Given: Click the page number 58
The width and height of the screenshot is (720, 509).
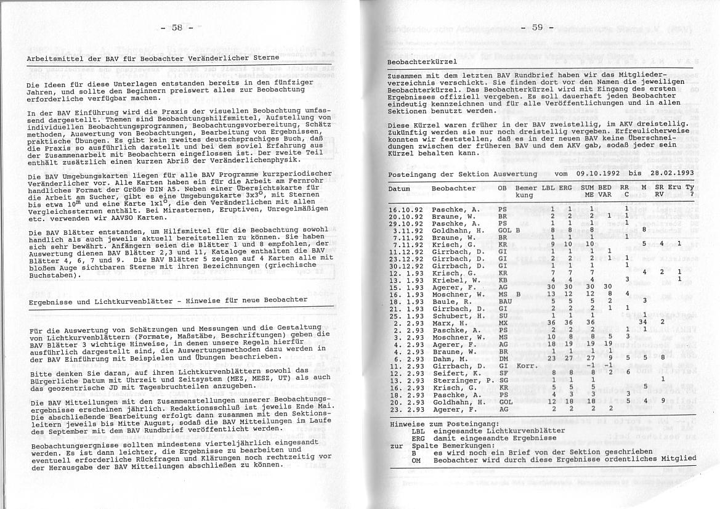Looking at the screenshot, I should [177, 27].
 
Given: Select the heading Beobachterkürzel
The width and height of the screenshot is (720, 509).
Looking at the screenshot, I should [422, 62].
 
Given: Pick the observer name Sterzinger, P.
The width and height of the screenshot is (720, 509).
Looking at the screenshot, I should [459, 381].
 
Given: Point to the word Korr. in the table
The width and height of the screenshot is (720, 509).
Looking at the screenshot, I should [527, 366].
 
